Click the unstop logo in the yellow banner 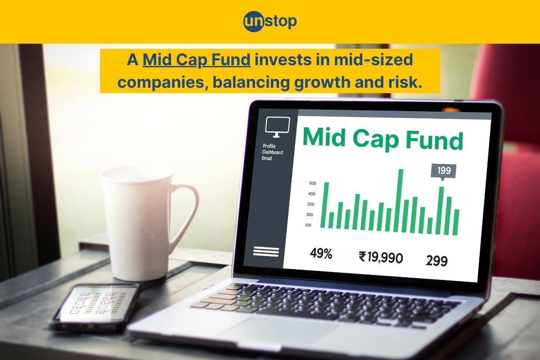[270, 22]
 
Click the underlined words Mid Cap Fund [197, 60]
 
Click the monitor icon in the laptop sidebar [278, 127]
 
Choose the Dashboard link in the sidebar [273, 152]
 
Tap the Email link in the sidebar [267, 158]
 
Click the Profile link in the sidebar [270, 146]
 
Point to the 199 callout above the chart [443, 171]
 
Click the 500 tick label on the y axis [313, 183]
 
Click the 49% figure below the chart [321, 254]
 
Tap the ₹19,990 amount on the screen [381, 257]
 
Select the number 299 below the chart [436, 260]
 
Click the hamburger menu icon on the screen [266, 251]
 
